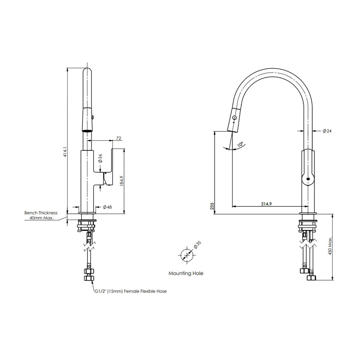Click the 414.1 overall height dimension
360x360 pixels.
pyautogui.click(x=65, y=152)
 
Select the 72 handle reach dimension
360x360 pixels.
pyautogui.click(x=118, y=138)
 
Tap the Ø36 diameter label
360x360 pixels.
pyautogui.click(x=100, y=158)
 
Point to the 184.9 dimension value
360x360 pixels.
pyautogui.click(x=122, y=181)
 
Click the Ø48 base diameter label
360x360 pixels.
pyautogui.click(x=107, y=207)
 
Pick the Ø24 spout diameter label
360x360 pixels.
pyautogui.click(x=327, y=131)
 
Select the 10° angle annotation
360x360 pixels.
pyautogui.click(x=240, y=144)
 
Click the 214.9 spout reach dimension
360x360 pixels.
pyautogui.click(x=266, y=204)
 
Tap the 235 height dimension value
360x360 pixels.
pyautogui.click(x=212, y=206)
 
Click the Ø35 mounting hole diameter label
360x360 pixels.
pyautogui.click(x=197, y=245)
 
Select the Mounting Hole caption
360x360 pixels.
pyautogui.click(x=186, y=273)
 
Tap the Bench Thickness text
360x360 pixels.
pyautogui.click(x=41, y=213)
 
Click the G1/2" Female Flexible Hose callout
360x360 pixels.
pyautogui.click(x=131, y=291)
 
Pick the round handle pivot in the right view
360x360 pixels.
pyautogui.click(x=308, y=179)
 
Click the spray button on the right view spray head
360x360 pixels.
pyautogui.click(x=234, y=117)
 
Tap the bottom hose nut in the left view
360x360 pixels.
pyautogui.click(x=89, y=278)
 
